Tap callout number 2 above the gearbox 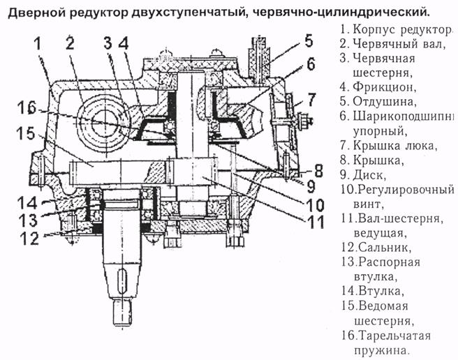coord(70,43)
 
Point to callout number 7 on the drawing coord(311,97)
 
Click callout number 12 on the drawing coord(28,237)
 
